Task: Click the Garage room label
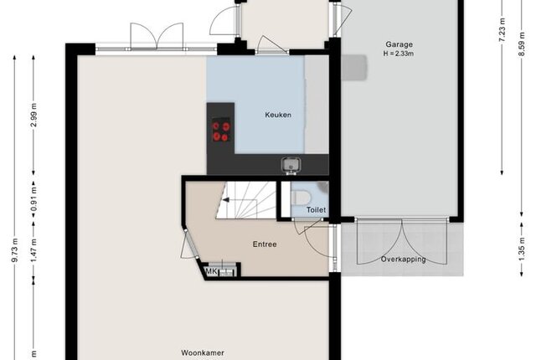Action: coord(399,44)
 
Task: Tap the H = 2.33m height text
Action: coord(399,54)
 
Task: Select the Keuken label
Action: coord(278,115)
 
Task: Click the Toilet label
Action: coord(316,209)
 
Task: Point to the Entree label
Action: coord(265,244)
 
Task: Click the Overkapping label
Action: coord(404,260)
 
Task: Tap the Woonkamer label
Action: coord(203,352)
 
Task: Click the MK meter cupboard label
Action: coord(211,272)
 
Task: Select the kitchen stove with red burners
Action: coord(221,130)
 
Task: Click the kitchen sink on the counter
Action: coord(291,164)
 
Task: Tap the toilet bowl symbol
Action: coord(301,198)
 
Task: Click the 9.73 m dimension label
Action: coord(14,250)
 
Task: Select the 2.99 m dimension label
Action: coord(33,115)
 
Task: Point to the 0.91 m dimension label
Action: coord(33,199)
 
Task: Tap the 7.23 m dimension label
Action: coord(502,29)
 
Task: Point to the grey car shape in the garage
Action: coord(354,68)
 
